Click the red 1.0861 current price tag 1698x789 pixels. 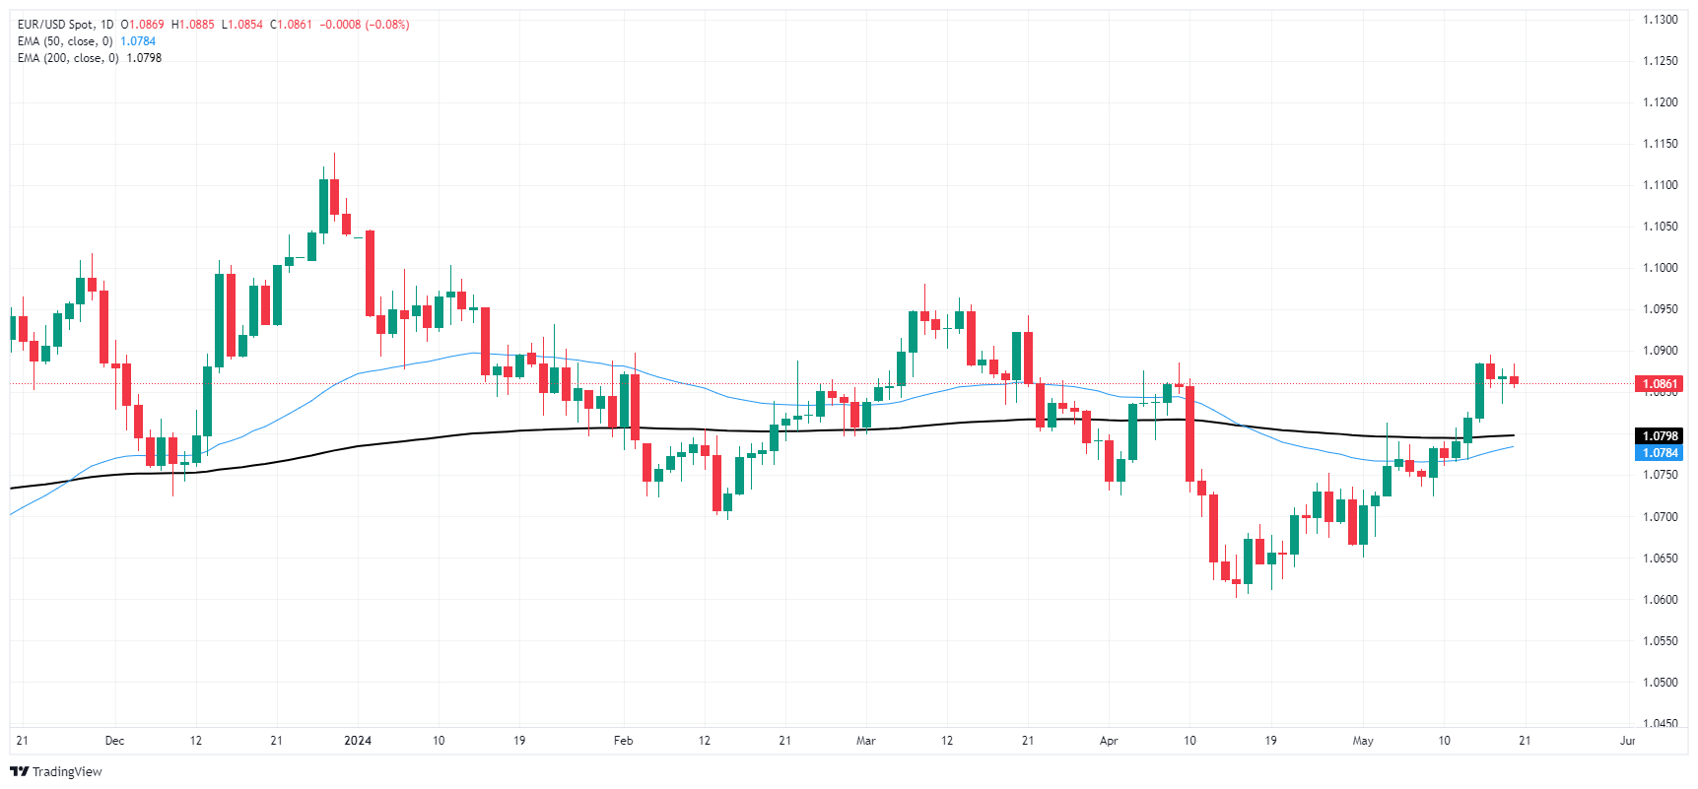pyautogui.click(x=1659, y=384)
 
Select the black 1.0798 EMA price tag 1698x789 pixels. pyautogui.click(x=1659, y=436)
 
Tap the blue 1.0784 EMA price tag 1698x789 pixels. pyautogui.click(x=1659, y=453)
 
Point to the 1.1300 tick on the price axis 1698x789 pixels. pyautogui.click(x=1660, y=20)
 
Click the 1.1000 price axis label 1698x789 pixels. pyautogui.click(x=1660, y=268)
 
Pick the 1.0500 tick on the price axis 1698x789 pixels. pyautogui.click(x=1660, y=683)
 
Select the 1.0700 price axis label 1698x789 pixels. pyautogui.click(x=1660, y=517)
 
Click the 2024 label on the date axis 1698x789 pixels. pyautogui.click(x=358, y=741)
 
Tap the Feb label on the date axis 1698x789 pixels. pyautogui.click(x=623, y=741)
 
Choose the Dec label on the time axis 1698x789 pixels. pyautogui.click(x=114, y=741)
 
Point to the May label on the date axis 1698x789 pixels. pyautogui.click(x=1363, y=741)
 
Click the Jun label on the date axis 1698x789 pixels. pyautogui.click(x=1627, y=741)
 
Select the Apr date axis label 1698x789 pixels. pyautogui.click(x=1109, y=741)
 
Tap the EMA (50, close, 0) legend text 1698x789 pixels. pyautogui.click(x=65, y=41)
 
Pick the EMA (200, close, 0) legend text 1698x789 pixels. pyautogui.click(x=68, y=58)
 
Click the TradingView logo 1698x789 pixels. pyautogui.click(x=56, y=771)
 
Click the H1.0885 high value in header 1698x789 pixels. pyautogui.click(x=192, y=25)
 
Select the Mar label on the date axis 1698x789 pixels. pyautogui.click(x=865, y=741)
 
